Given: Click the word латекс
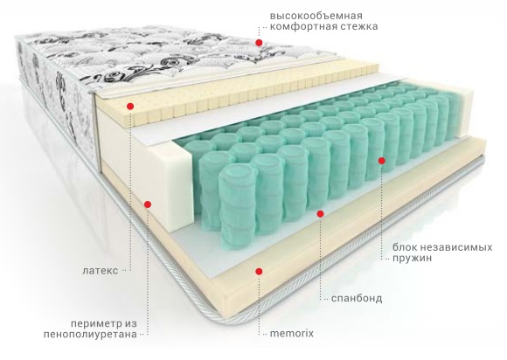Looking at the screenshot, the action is pyautogui.click(x=101, y=271).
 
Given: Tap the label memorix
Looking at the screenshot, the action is pyautogui.click(x=292, y=333).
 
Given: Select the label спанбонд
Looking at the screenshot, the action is pyautogui.click(x=357, y=298).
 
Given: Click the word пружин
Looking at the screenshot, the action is pyautogui.click(x=413, y=259).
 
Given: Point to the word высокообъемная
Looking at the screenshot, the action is pyautogui.click(x=316, y=16).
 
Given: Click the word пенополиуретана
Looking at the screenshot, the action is pyautogui.click(x=90, y=334).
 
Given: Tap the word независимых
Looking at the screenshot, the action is pyautogui.click(x=456, y=247).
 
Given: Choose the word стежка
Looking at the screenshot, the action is pyautogui.click(x=359, y=26).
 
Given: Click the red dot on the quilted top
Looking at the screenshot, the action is pyautogui.click(x=259, y=42).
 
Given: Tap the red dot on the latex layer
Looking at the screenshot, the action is pyautogui.click(x=130, y=106).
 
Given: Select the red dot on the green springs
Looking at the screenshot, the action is pyautogui.click(x=381, y=160).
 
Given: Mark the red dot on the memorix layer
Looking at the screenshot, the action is pyautogui.click(x=259, y=272).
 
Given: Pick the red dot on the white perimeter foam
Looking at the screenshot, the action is pyautogui.click(x=148, y=204).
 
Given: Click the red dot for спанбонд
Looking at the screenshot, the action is pyautogui.click(x=321, y=213).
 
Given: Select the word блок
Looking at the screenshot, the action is pyautogui.click(x=405, y=247).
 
